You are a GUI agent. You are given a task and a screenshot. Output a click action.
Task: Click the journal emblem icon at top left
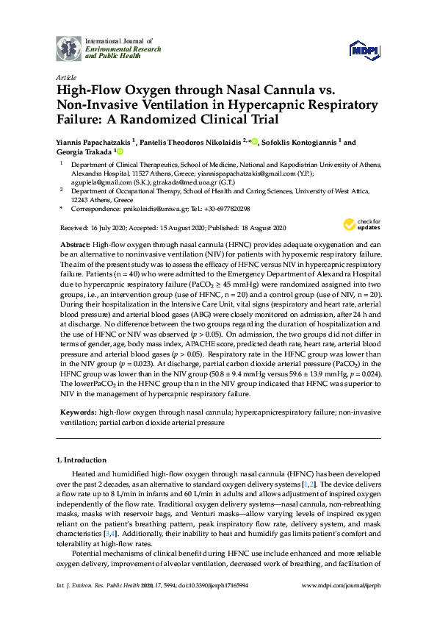click(69, 48)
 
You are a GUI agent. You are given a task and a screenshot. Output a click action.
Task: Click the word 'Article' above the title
click(65, 77)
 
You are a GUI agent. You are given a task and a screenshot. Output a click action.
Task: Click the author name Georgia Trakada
click(84, 152)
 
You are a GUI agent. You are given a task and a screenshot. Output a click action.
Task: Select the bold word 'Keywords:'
click(77, 414)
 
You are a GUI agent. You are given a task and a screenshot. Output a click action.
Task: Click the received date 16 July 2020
click(107, 228)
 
